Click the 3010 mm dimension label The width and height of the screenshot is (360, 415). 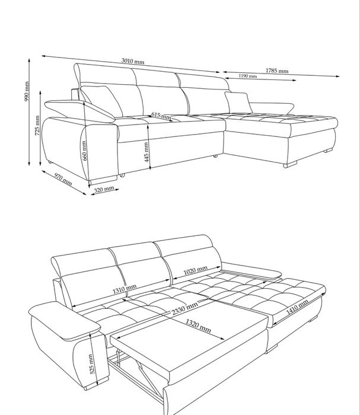coord(133,61)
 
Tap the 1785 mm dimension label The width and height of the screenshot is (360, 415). coord(277,71)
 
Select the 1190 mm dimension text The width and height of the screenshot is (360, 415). coord(248,76)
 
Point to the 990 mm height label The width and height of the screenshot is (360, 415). coord(27,91)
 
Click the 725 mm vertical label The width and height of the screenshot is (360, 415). coord(37,126)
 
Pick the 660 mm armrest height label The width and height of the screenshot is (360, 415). coord(84,151)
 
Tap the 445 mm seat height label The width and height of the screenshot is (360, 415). coord(146,152)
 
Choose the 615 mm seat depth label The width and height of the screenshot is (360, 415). coord(161,116)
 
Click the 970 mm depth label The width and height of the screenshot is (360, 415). coord(63,179)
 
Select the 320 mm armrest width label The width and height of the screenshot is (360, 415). coord(104,189)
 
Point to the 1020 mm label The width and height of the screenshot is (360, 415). coord(195,270)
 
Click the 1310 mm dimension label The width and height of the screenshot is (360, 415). coord(125,289)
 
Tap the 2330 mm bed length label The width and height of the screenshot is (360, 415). coord(184,308)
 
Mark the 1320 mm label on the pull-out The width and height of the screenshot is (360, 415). coord(198,326)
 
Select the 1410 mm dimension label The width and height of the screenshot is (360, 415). coord(297,307)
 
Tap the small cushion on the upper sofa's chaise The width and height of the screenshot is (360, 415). coord(238,102)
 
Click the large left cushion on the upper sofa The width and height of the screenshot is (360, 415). coord(101,101)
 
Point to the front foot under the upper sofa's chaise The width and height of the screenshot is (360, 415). coord(290,165)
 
